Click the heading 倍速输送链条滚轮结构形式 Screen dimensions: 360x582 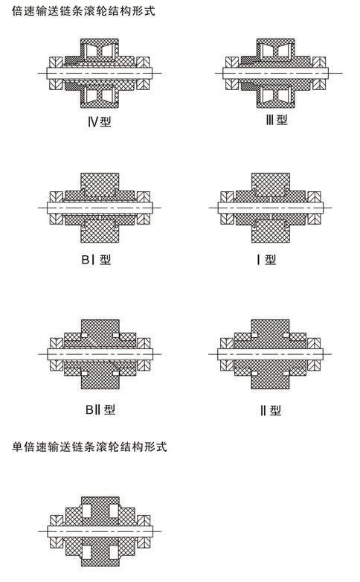[x=83, y=11]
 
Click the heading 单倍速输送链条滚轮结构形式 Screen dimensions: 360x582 [x=89, y=447]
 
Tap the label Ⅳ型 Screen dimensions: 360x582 [x=100, y=121]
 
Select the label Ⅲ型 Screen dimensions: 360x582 [x=277, y=120]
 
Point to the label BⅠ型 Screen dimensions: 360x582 [x=96, y=260]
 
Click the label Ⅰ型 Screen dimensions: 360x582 [x=266, y=260]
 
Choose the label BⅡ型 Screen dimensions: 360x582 [x=100, y=409]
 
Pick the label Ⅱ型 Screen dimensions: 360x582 [x=271, y=411]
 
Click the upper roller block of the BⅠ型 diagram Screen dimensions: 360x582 [x=100, y=184]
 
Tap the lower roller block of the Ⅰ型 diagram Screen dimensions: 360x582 [x=271, y=231]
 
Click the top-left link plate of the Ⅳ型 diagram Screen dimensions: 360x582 [x=56, y=62]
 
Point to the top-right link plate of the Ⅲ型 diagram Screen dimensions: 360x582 [x=319, y=62]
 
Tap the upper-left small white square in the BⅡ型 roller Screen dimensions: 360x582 [x=85, y=335]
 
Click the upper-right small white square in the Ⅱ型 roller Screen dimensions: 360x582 [x=286, y=335]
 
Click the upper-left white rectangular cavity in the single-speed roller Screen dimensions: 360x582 [x=86, y=511]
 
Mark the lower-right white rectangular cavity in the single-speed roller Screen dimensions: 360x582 [x=114, y=552]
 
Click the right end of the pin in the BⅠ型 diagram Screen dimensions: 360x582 [x=153, y=208]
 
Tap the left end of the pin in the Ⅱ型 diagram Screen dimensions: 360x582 [x=218, y=354]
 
